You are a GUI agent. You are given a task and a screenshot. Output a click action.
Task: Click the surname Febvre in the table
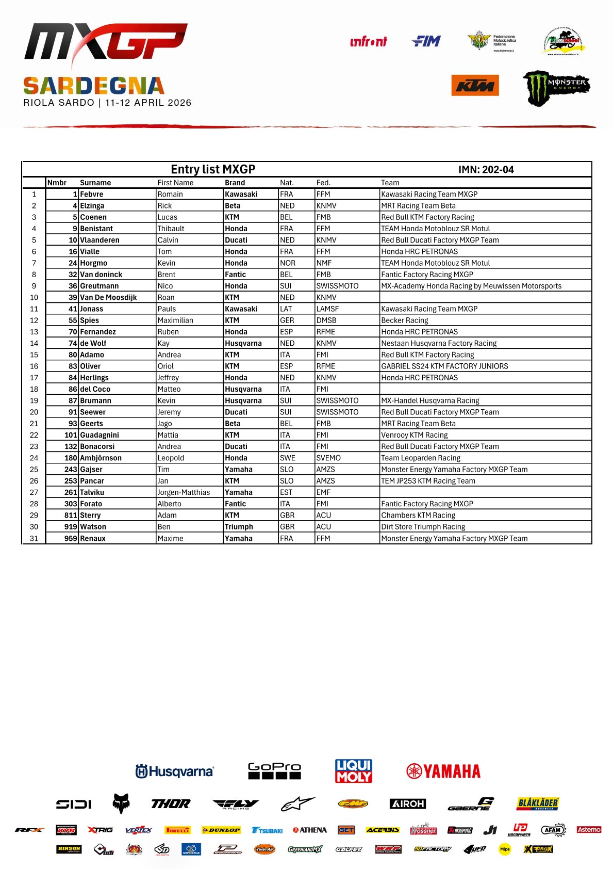pos(92,195)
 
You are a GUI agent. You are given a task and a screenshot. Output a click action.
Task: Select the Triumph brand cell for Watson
pos(239,527)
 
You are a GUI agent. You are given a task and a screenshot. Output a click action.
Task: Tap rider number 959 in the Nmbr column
pos(71,538)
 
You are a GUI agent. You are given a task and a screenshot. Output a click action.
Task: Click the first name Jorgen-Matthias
pos(184,492)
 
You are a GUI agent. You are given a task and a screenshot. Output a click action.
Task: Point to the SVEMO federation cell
pos(328,458)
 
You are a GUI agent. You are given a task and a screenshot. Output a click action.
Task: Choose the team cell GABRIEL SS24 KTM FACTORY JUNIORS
pos(444,366)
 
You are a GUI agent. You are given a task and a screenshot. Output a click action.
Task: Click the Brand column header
pos(235,183)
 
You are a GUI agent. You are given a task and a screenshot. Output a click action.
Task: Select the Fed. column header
pos(323,183)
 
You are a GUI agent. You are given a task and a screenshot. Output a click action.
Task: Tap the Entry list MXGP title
pos(213,169)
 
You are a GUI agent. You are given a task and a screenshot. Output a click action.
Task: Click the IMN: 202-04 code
pos(486,170)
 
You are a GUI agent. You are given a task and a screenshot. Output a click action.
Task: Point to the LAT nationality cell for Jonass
pos(286,309)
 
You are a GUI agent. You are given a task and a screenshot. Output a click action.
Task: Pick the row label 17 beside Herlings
pos(34,378)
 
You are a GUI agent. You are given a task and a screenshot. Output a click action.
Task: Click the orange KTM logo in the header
pos(475,86)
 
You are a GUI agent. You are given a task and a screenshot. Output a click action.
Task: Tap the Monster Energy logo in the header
pos(556,88)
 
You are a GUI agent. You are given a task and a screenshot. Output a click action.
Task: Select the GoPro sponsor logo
pos(274,770)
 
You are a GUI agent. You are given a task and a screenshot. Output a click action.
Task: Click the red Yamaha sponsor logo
pos(443,771)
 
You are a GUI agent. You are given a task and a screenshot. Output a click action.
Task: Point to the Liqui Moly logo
pos(354,771)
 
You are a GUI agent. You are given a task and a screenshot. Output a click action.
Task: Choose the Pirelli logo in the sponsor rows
pos(178,830)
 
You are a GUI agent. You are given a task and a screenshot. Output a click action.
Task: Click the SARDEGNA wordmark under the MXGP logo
pos(94,86)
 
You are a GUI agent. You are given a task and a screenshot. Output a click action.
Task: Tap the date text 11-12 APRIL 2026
pos(148,103)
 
